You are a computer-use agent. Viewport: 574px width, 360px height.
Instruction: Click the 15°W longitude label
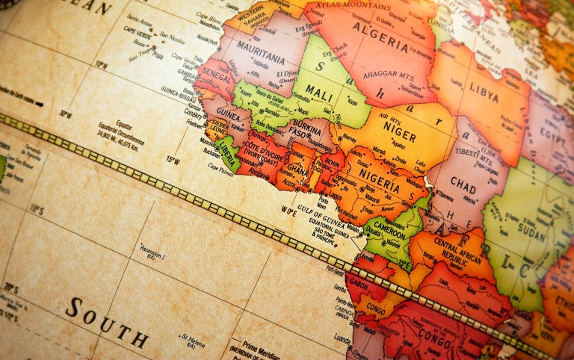point(173,159)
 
